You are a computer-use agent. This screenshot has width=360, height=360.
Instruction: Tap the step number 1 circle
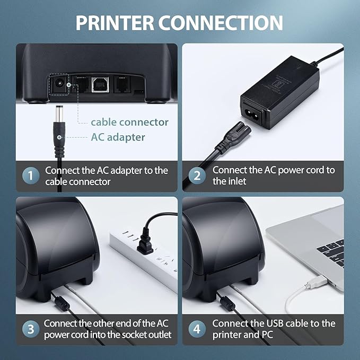pyautogui.click(x=31, y=175)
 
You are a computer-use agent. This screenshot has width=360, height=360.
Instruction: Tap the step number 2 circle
pyautogui.click(x=197, y=175)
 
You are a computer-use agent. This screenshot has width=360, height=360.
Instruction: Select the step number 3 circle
pyautogui.click(x=31, y=329)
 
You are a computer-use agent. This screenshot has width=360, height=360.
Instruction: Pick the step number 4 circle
pyautogui.click(x=197, y=329)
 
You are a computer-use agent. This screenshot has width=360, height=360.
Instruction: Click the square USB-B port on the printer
pyautogui.click(x=98, y=85)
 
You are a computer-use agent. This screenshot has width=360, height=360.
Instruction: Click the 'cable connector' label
pyautogui.click(x=129, y=122)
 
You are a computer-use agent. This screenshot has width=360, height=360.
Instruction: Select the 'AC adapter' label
pyautogui.click(x=117, y=137)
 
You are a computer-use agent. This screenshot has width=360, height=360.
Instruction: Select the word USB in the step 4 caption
pyautogui.click(x=287, y=323)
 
